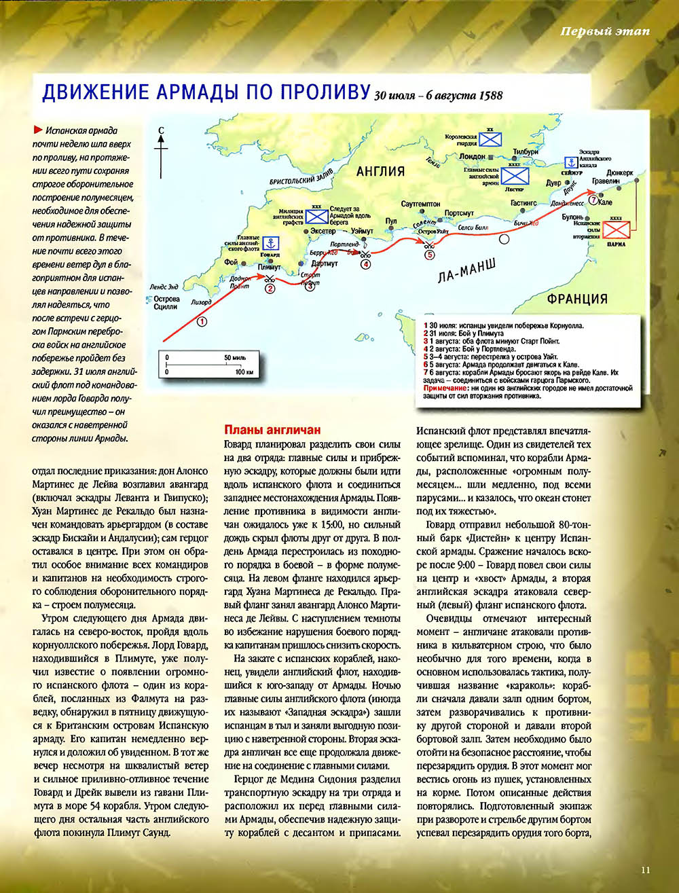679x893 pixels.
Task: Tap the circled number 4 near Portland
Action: (x=365, y=263)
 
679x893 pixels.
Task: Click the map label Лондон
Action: (x=473, y=156)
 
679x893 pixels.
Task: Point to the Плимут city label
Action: (x=270, y=268)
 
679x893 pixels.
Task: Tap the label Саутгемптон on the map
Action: (x=421, y=204)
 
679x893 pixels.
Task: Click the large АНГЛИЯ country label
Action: (x=380, y=172)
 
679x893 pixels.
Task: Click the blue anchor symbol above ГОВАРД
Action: (x=271, y=242)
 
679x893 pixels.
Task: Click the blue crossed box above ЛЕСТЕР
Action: (x=515, y=177)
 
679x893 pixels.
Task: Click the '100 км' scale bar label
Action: (x=244, y=372)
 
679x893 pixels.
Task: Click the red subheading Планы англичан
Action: (x=272, y=431)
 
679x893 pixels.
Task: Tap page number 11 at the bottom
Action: (x=645, y=869)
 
